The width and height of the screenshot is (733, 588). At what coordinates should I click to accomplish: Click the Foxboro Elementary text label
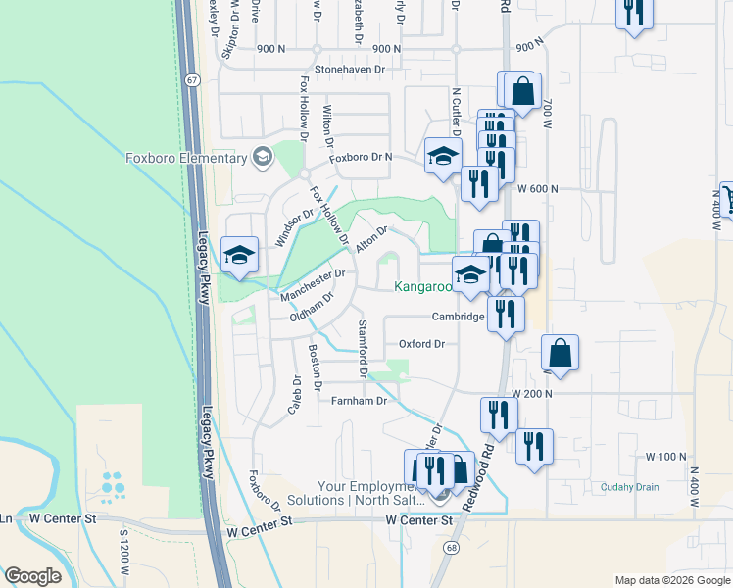pyautogui.click(x=186, y=158)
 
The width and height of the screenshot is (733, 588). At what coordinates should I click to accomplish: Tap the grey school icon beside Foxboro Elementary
pyautogui.click(x=262, y=157)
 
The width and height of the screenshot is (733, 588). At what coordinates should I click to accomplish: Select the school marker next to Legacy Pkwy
pyautogui.click(x=239, y=257)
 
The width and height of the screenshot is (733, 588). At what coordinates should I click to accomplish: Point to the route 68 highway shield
pyautogui.click(x=449, y=546)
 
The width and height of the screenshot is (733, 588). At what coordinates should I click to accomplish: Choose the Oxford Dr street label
pyautogui.click(x=421, y=344)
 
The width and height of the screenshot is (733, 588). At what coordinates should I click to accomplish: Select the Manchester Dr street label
pyautogui.click(x=313, y=285)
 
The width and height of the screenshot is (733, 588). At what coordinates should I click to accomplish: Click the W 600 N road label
pyautogui.click(x=537, y=188)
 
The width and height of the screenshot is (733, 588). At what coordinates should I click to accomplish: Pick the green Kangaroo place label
pyautogui.click(x=422, y=287)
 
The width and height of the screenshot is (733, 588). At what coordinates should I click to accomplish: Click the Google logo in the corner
pyautogui.click(x=32, y=576)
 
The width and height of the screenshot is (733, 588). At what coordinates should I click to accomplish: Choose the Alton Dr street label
pyautogui.click(x=372, y=240)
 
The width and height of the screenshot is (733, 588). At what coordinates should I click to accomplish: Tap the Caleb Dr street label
pyautogui.click(x=295, y=394)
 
